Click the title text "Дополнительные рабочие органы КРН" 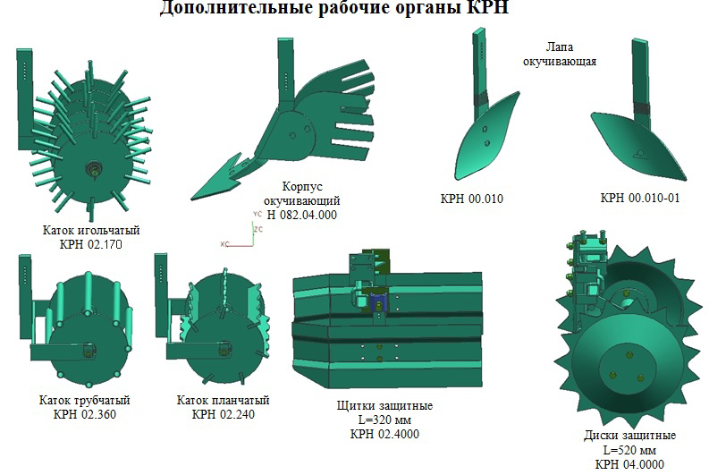[334, 8]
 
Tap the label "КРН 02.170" [91, 244]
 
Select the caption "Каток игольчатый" [91, 230]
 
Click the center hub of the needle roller [94, 171]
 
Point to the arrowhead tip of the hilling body [191, 199]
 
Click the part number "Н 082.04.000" [302, 215]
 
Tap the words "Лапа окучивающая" [560, 54]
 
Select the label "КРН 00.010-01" [640, 198]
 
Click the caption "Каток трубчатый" [85, 400]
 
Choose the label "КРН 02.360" [85, 414]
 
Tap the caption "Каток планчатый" [223, 400]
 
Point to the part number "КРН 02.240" [223, 414]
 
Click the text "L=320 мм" [384, 420]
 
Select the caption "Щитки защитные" [384, 405]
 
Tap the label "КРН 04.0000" [629, 464]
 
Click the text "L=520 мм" [629, 450]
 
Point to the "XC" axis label [224, 244]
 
